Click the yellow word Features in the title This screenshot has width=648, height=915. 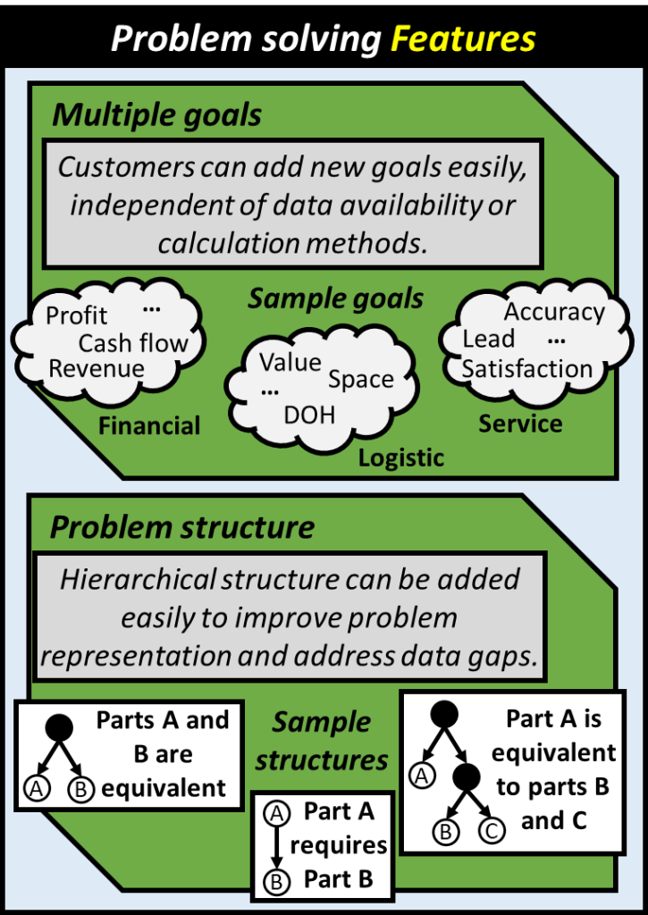coord(467,39)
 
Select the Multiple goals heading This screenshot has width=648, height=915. coord(156,114)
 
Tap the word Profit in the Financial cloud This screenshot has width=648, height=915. coord(77,315)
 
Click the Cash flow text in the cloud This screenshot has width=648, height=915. coord(133,343)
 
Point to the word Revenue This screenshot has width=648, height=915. coord(96,368)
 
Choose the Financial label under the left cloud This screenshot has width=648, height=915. coord(149,425)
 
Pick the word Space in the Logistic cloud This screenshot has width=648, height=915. coord(360,379)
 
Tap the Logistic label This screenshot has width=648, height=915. coord(401,458)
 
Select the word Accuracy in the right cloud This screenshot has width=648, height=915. coord(554,312)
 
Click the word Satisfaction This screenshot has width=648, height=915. coord(526,368)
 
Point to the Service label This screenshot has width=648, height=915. coord(520,423)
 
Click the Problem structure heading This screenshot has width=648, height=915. coord(181,527)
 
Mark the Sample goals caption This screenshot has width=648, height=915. coord(336,298)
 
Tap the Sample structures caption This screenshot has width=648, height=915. coord(322,741)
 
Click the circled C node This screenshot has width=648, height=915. coord(492,830)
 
